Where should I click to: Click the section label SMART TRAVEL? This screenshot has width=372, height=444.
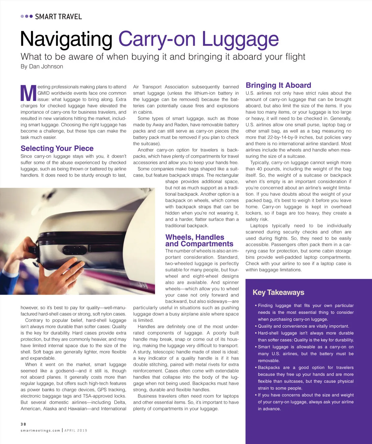[x=58, y=17]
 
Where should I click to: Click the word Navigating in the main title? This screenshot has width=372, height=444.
[x=66, y=39]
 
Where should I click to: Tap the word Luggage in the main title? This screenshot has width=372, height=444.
[x=240, y=39]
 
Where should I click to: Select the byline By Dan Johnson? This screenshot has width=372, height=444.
[x=42, y=67]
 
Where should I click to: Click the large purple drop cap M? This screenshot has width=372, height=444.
[x=28, y=93]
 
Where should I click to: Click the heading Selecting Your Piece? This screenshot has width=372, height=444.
[x=57, y=148]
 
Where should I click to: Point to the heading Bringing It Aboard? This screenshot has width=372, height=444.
[x=278, y=86]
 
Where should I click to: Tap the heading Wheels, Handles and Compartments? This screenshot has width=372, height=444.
[x=199, y=241]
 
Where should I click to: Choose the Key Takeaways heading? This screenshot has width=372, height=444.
[x=278, y=292]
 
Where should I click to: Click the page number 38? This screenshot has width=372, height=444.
[x=24, y=424]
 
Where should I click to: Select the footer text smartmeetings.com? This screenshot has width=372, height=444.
[x=40, y=430]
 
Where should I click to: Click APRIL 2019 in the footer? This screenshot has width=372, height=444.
[x=76, y=430]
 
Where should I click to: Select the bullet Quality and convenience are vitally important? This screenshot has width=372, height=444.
[x=303, y=326]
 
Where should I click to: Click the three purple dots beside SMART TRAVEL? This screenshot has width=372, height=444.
[x=27, y=16]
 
